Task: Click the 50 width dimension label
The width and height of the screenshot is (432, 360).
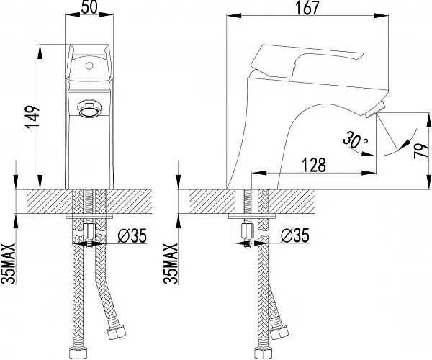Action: click(89, 7)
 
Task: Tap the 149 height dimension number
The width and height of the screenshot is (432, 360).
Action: click(32, 117)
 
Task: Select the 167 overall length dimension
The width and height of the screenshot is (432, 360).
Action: click(307, 8)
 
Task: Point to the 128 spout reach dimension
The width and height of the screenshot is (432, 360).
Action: click(314, 165)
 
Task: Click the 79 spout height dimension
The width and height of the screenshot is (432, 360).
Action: click(421, 150)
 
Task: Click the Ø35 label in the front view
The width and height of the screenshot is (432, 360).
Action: click(132, 235)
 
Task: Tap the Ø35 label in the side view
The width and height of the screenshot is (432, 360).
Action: click(294, 235)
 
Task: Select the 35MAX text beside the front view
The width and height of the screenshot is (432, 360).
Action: click(8, 264)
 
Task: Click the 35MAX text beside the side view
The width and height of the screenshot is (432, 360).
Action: click(171, 264)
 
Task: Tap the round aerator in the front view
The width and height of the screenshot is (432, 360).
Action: click(89, 109)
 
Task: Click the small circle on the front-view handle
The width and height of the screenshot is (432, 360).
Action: click(89, 66)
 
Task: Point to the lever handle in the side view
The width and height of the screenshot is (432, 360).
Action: click(306, 61)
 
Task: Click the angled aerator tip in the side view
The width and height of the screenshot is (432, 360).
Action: click(374, 109)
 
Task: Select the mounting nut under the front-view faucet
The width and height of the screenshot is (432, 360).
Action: click(89, 231)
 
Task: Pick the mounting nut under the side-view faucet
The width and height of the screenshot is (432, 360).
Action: click(248, 231)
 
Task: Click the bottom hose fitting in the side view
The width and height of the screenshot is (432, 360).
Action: click(264, 353)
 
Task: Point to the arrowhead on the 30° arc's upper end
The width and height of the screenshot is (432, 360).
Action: click(405, 144)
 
